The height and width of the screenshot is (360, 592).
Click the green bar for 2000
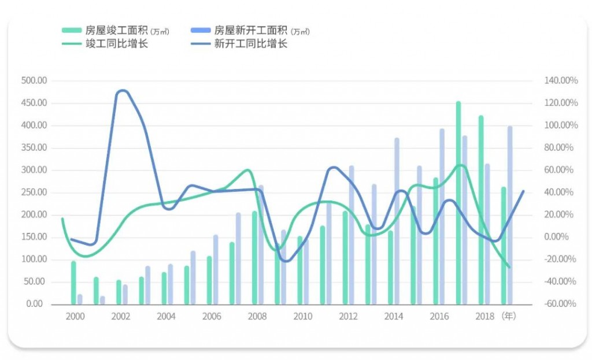pyautogui.click(x=73, y=283)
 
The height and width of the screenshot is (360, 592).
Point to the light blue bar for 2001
pyautogui.click(x=102, y=300)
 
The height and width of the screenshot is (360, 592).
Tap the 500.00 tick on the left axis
pyautogui.click(x=34, y=81)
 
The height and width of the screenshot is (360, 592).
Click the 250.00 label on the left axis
pyautogui.click(x=34, y=192)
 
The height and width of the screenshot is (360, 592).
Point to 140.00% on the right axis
pyautogui.click(x=560, y=81)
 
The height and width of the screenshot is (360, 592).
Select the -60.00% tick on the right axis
pyautogui.click(x=560, y=304)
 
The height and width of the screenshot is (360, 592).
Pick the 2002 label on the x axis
pyautogui.click(x=120, y=316)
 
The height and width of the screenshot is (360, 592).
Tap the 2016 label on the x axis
pyautogui.click(x=439, y=316)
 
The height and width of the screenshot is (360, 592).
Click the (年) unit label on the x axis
pyautogui.click(x=509, y=316)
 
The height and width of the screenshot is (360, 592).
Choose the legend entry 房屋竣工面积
pyautogui.click(x=116, y=31)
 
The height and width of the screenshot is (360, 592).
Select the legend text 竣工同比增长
pyautogui.click(x=116, y=44)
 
